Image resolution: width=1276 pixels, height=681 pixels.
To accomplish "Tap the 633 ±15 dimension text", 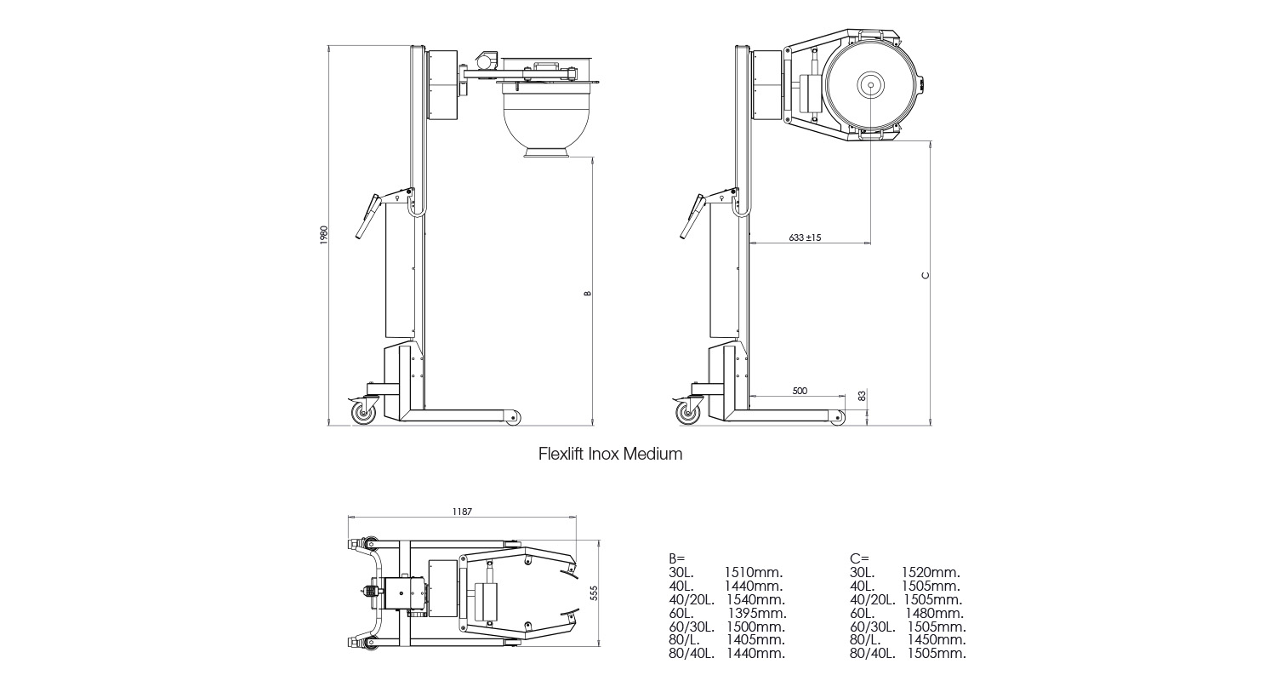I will click(804, 237).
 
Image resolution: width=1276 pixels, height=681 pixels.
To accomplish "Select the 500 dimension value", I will click(800, 391).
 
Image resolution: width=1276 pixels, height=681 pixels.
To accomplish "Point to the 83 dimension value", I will click(862, 396).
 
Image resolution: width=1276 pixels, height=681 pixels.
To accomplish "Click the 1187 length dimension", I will click(462, 512).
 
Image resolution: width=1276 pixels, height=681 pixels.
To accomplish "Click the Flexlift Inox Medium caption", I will click(610, 454).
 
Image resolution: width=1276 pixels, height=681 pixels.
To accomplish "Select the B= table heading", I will click(677, 558).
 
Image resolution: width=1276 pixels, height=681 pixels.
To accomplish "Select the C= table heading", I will click(858, 558).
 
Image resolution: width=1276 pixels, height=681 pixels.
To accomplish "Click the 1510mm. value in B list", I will click(754, 572).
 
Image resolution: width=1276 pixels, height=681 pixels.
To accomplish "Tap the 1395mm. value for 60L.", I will click(757, 613).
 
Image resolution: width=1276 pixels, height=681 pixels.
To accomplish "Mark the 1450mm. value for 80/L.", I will click(936, 640).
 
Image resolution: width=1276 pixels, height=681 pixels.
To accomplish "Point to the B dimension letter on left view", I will click(587, 294).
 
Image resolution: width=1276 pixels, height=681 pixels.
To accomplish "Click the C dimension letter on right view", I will click(926, 275).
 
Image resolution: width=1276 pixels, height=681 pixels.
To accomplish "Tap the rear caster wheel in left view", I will click(363, 413).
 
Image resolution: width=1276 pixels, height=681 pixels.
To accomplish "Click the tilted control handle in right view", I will click(693, 219).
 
